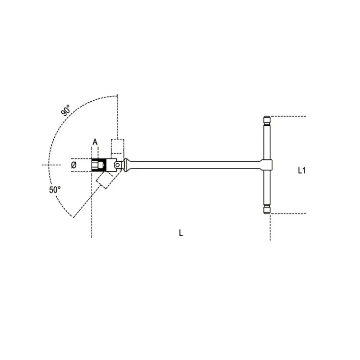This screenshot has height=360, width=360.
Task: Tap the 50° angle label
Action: click(x=55, y=190)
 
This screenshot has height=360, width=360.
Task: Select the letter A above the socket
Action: click(x=95, y=142)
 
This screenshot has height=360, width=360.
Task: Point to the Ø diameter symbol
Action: click(x=74, y=165)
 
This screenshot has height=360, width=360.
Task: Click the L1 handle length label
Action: click(x=301, y=169)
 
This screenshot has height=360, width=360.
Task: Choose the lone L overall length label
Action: click(x=180, y=233)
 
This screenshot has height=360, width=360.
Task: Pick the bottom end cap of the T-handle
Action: click(x=267, y=211)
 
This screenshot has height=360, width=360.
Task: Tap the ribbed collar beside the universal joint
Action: click(x=126, y=165)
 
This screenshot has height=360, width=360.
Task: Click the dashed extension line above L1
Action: click(x=288, y=116)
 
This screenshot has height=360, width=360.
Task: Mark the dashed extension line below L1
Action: click(x=288, y=214)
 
